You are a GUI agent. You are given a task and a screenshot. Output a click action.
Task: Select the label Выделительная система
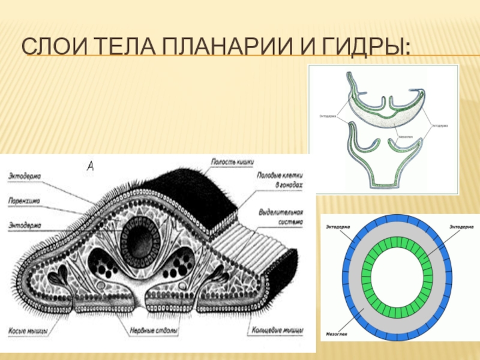click(x=281, y=218)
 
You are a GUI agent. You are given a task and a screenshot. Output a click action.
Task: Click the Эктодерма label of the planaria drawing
click(x=25, y=175)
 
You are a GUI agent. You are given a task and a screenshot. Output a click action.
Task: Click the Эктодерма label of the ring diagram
click(x=337, y=227)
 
